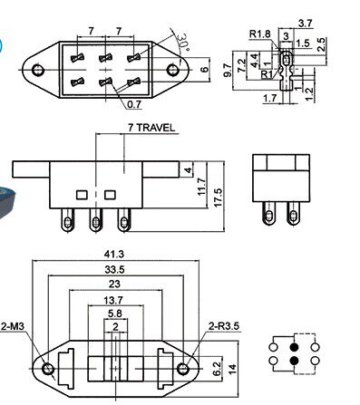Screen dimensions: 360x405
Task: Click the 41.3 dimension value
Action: coord(114,255)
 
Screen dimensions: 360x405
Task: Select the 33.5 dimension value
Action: coord(114,269)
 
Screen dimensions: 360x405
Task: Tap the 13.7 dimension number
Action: coord(113,300)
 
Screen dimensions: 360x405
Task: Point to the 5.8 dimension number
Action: coord(115,313)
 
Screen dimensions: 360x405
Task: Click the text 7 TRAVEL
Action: coord(151,128)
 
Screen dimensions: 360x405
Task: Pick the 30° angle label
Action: coord(183,42)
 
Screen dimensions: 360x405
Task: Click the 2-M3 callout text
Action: coord(13,326)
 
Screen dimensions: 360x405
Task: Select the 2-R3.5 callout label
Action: coord(224,326)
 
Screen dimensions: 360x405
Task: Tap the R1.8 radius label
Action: coord(259,34)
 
